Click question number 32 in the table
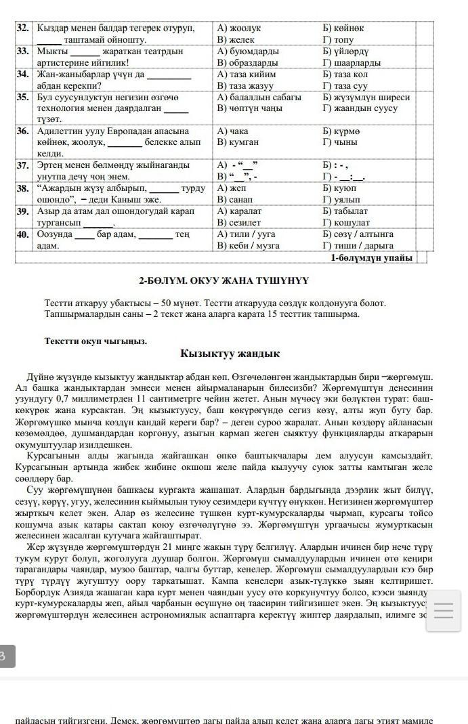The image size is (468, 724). click(x=23, y=28)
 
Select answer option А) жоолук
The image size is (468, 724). click(x=238, y=28)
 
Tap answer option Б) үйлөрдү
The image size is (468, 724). click(x=349, y=51)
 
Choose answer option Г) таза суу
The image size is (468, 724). click(x=346, y=86)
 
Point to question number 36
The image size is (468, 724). click(x=23, y=131)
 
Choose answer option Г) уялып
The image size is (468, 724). click(x=341, y=200)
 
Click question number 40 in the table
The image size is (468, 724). click(x=23, y=234)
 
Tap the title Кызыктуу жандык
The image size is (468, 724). click(x=230, y=354)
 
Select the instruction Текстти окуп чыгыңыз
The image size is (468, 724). click(x=95, y=341)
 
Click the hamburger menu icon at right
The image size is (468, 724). click(x=443, y=611)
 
